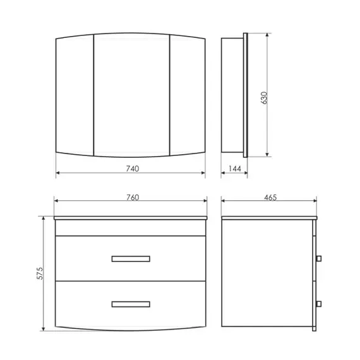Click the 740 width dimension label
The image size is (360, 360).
pos(133,169)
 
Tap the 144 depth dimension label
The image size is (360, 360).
pos(235,169)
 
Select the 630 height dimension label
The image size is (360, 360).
pos(264,98)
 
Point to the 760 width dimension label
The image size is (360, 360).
pos(133,198)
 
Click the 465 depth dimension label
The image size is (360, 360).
pos(270,198)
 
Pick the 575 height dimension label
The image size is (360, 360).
pos(40,273)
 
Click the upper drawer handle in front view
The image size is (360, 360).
pos(131,259)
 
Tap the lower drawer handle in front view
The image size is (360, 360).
pos(131,304)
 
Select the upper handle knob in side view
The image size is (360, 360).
pos(319,258)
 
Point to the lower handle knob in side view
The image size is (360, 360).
pos(319,304)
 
